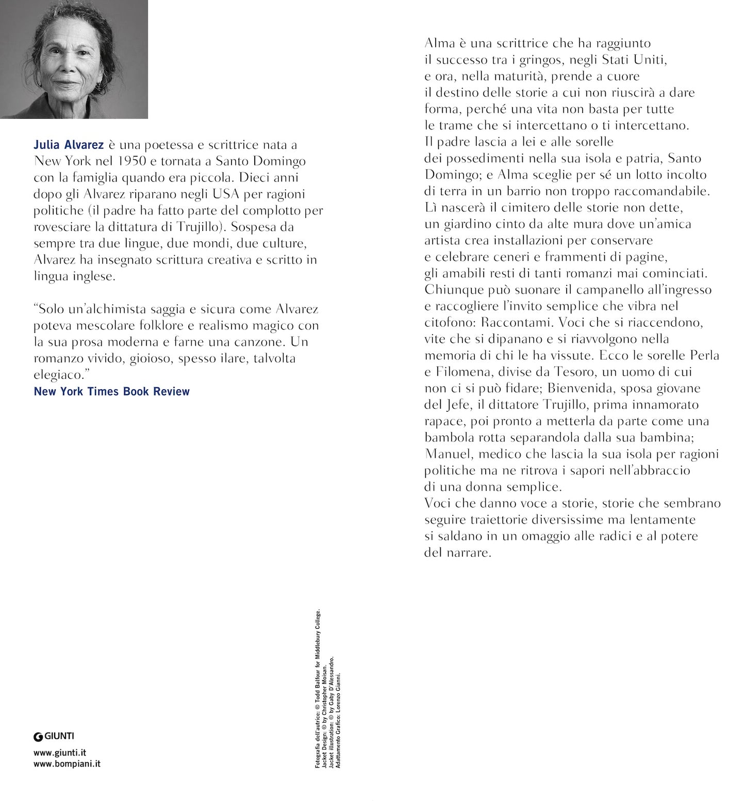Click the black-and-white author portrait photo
pyautogui.click(x=74, y=59)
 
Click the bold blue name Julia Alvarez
pyautogui.click(x=69, y=145)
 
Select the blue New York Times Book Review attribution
pyautogui.click(x=111, y=391)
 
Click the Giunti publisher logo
pyautogui.click(x=54, y=737)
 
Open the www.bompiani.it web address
pyautogui.click(x=67, y=764)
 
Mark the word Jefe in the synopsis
pyautogui.click(x=458, y=405)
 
